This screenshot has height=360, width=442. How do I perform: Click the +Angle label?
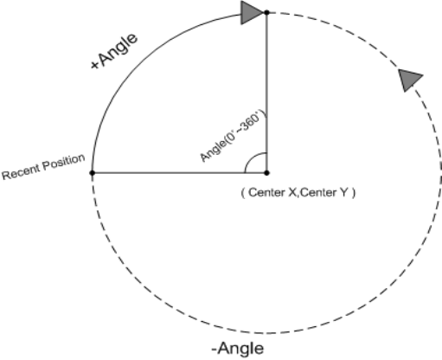(114, 52)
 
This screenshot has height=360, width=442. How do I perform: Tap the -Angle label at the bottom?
(238, 349)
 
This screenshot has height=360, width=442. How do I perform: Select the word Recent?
(21, 172)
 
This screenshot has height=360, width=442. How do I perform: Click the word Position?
(64, 163)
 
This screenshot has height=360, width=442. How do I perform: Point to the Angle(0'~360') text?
(234, 136)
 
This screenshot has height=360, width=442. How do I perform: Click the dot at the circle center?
(266, 173)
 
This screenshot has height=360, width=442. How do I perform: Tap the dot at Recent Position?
(93, 173)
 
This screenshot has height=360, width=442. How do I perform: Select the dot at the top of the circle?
(266, 12)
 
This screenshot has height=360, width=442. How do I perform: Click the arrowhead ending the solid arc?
(252, 13)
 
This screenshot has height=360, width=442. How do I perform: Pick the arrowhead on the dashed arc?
(409, 80)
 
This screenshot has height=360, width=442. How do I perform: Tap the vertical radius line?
(266, 93)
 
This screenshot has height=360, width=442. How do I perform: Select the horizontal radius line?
(179, 173)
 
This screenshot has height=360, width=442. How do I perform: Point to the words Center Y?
(323, 192)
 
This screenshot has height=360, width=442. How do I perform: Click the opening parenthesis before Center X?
(243, 193)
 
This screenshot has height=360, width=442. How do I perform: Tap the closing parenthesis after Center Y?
(354, 193)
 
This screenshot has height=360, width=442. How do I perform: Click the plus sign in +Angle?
(95, 65)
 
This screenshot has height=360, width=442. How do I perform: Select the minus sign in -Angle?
(215, 350)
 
